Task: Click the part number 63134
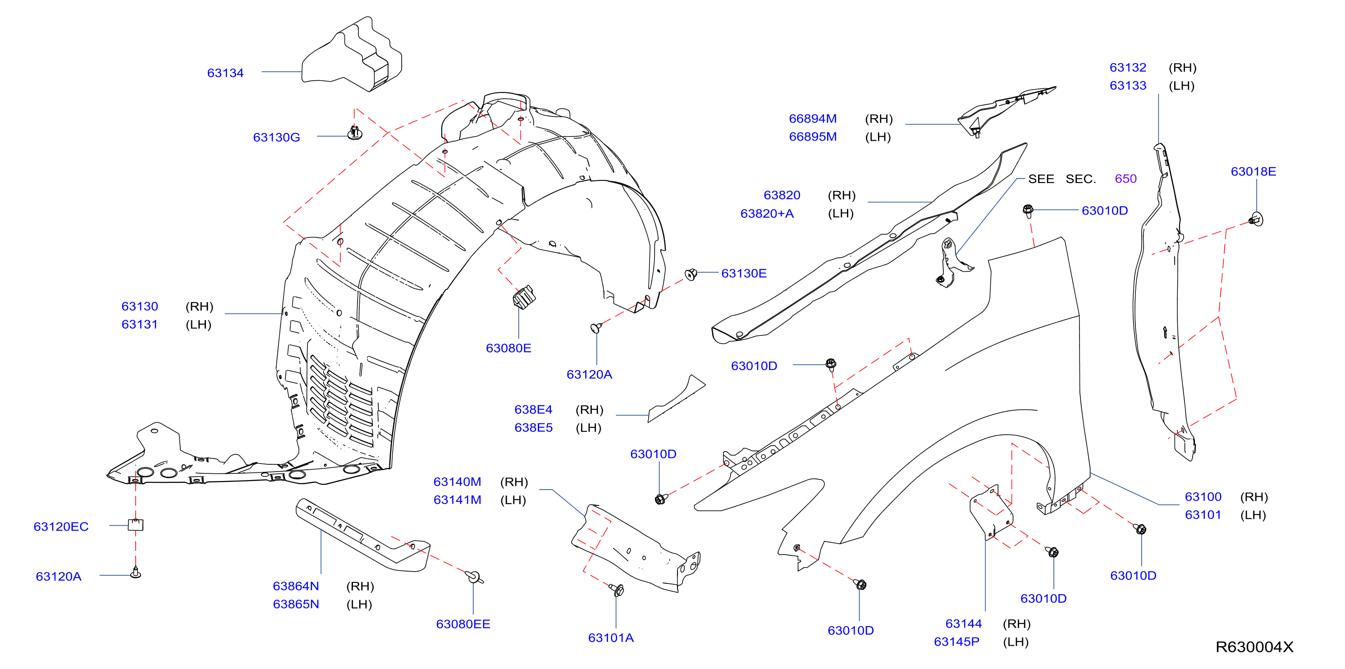point(225,73)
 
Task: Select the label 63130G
point(276,137)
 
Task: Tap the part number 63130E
point(744,273)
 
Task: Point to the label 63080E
point(508,348)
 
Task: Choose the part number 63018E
point(1253,171)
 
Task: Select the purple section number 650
point(1125,179)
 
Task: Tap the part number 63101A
point(610,637)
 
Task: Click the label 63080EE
point(462,624)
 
